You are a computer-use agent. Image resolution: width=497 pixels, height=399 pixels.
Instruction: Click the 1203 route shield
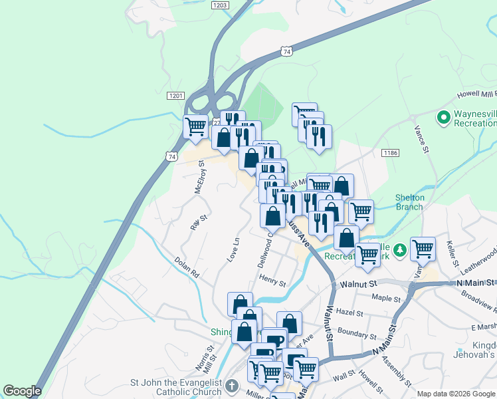click(221, 5)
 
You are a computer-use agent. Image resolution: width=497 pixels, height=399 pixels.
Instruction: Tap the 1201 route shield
click(176, 96)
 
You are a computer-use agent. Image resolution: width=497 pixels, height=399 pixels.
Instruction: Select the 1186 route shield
click(390, 153)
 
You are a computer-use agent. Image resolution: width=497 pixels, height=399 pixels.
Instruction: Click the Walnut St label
click(358, 283)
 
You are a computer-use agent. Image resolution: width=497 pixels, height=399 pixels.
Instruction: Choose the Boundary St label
click(357, 331)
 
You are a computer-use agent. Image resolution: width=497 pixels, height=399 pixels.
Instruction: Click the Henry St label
click(272, 283)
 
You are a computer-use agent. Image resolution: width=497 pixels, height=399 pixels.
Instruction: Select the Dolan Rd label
click(187, 267)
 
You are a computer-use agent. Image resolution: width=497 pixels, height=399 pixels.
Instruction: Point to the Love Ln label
click(233, 248)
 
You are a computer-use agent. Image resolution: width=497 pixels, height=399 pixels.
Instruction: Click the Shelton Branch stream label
click(409, 202)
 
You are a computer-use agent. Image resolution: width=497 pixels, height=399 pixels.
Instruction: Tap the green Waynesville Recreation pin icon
click(444, 118)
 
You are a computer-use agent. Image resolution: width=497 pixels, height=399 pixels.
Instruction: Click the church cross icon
click(231, 386)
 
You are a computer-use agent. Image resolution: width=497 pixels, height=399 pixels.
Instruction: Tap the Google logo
click(22, 391)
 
